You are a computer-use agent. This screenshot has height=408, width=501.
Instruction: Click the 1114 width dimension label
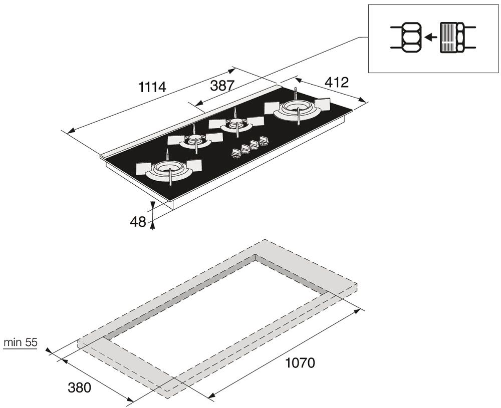[152, 87]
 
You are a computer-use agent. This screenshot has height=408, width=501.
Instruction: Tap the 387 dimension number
[222, 86]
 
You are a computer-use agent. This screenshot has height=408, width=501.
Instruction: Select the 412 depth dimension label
[337, 83]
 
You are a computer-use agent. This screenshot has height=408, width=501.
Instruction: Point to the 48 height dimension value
[138, 222]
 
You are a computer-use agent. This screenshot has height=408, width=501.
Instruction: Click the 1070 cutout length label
[300, 362]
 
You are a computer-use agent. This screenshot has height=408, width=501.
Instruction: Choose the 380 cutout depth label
[80, 387]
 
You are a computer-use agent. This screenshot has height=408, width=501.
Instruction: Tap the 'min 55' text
[20, 342]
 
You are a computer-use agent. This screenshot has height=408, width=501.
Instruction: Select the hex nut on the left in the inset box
[411, 38]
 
